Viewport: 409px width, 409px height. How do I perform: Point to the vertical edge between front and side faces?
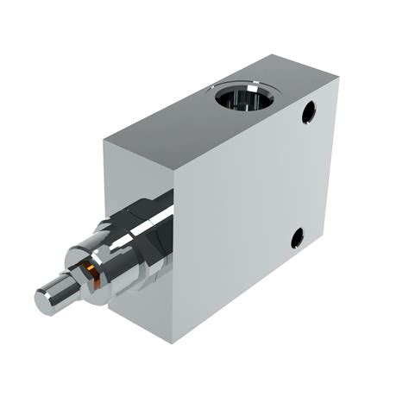[178, 259]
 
